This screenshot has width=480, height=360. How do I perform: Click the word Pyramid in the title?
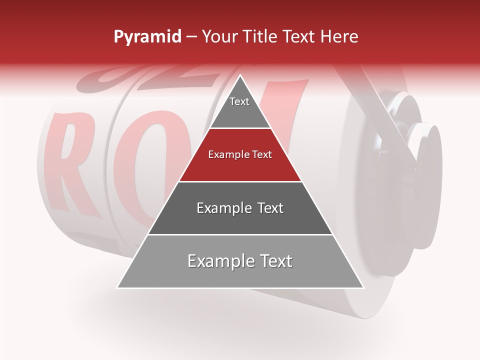click(147, 37)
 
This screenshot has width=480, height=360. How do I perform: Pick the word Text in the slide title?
click(300, 37)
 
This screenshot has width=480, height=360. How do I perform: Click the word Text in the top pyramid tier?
click(239, 101)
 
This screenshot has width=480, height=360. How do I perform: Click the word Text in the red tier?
click(261, 155)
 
